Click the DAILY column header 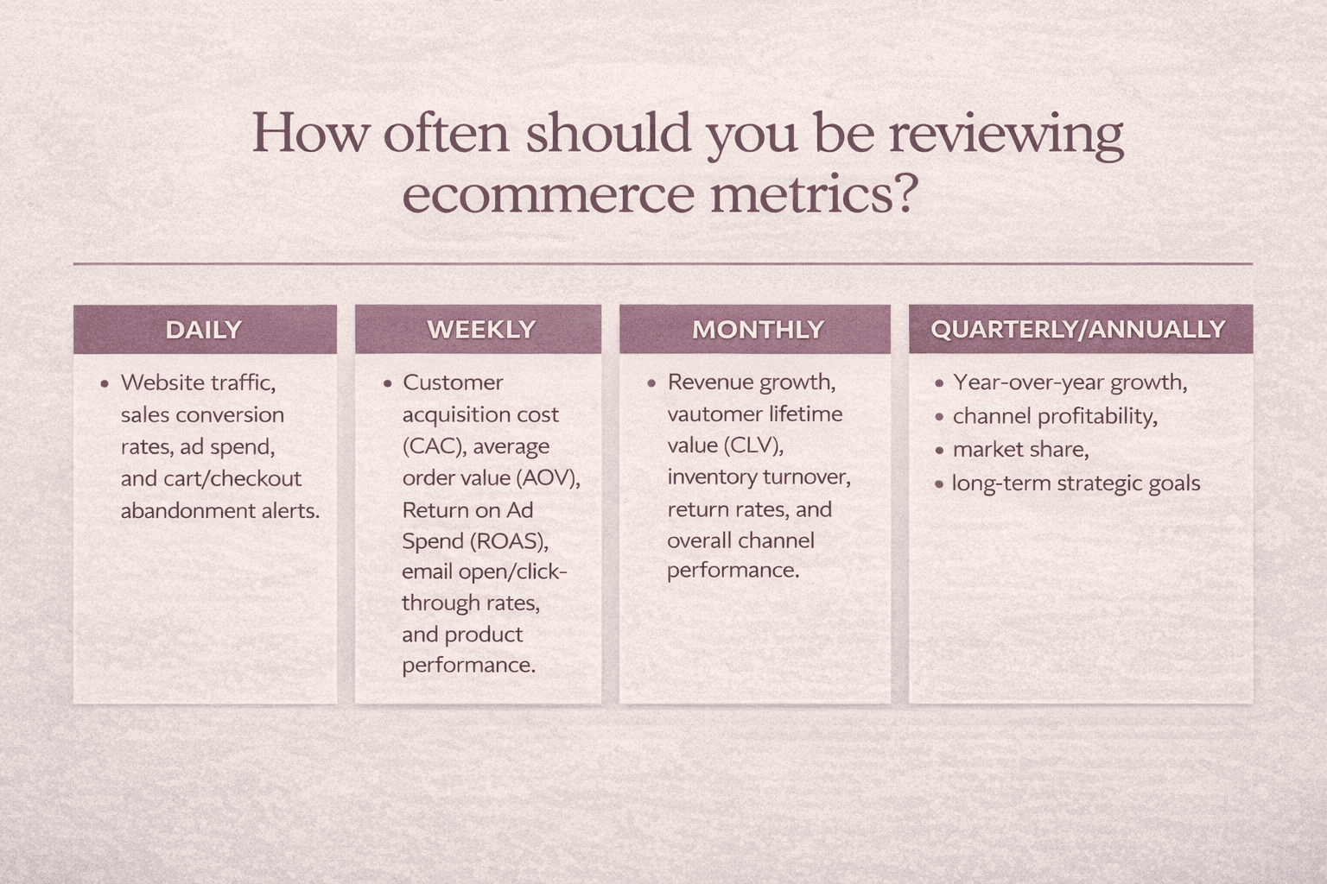click(x=204, y=330)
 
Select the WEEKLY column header click(x=481, y=330)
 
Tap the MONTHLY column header click(x=758, y=330)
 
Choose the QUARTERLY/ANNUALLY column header click(x=1078, y=330)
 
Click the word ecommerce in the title click(x=548, y=195)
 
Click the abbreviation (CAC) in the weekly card click(x=432, y=446)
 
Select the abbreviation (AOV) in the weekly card click(x=548, y=478)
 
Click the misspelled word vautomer click(x=708, y=414)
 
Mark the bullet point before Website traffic click(x=105, y=383)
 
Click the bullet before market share click(x=939, y=451)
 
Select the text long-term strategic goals click(x=1076, y=483)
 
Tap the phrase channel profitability click(x=1054, y=417)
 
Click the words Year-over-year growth click(x=1070, y=382)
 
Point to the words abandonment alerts click(x=219, y=511)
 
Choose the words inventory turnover click(x=758, y=477)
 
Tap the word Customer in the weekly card click(x=452, y=382)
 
